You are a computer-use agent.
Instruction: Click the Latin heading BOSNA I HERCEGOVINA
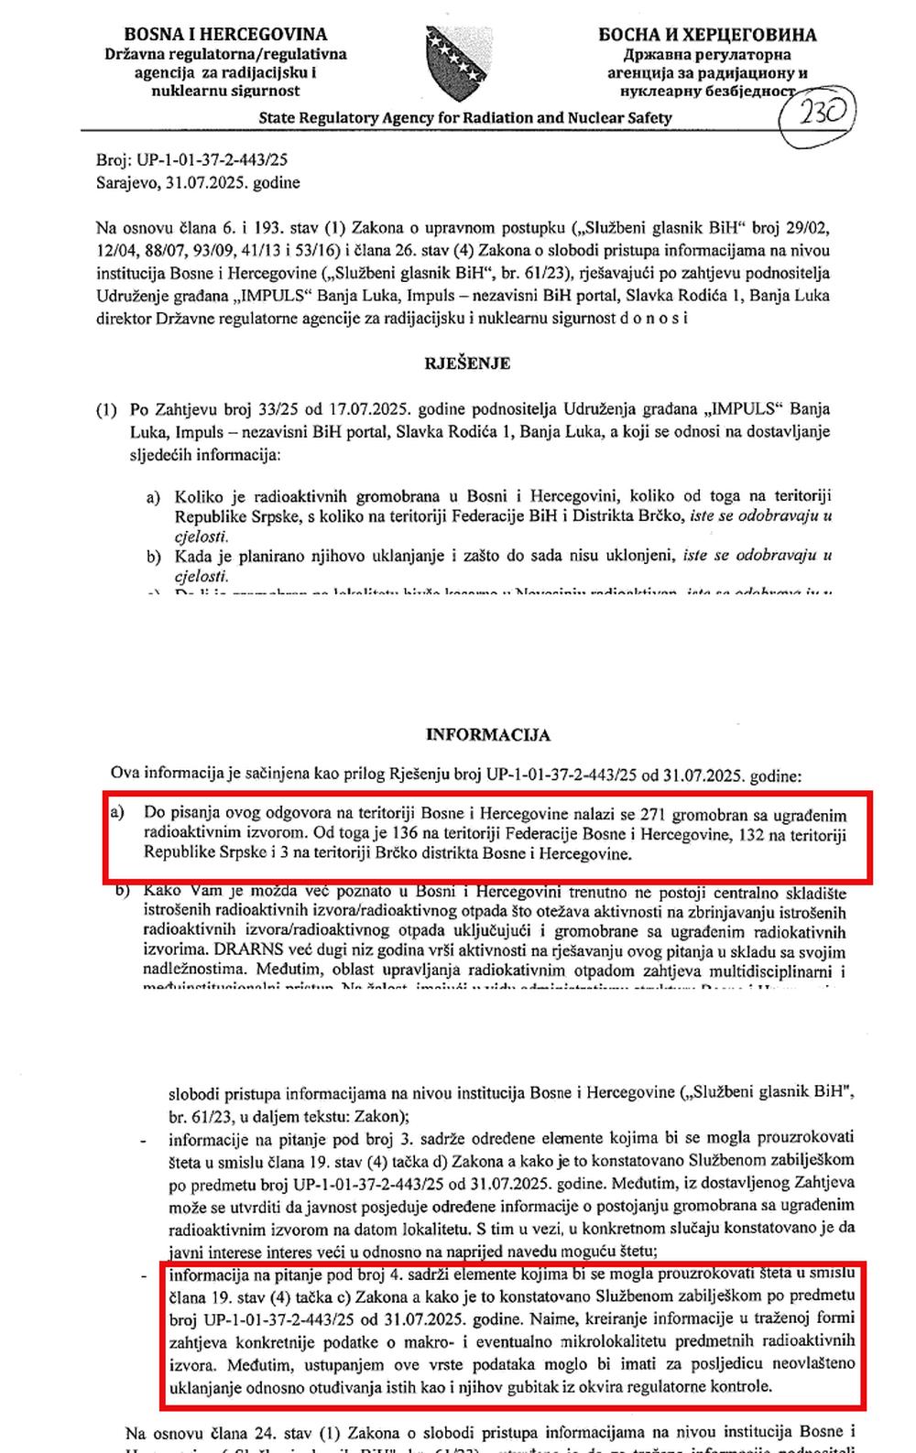225,35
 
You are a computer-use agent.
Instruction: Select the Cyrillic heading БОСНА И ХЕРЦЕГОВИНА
707,36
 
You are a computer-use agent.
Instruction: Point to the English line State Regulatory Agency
465,118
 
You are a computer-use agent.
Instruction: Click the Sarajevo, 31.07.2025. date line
198,183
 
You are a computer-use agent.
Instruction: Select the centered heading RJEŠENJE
467,363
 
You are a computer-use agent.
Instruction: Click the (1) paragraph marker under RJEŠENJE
106,409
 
